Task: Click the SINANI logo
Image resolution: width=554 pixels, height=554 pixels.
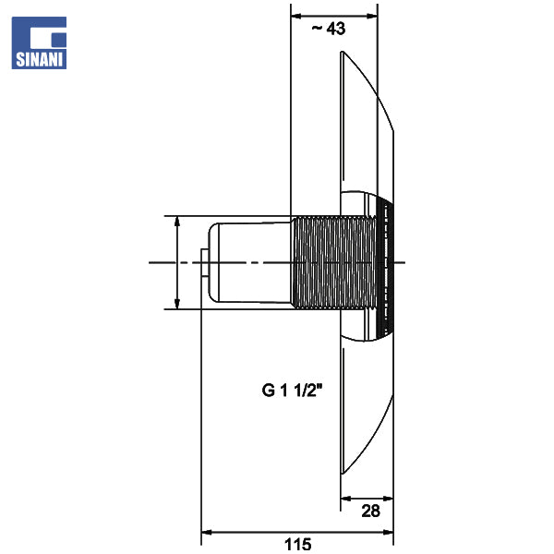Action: tap(39, 42)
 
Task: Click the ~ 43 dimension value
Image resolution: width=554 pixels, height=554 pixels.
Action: tap(328, 29)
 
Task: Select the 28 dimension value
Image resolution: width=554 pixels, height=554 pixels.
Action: tap(370, 511)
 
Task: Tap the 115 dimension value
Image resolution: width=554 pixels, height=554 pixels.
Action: tap(298, 545)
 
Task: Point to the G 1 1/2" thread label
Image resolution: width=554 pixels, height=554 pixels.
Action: tap(292, 391)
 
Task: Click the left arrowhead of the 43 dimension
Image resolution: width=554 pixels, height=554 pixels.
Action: tap(295, 16)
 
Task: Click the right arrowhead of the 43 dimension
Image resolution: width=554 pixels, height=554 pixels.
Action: tap(372, 16)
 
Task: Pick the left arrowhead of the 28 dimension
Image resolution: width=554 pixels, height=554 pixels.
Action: tap(345, 499)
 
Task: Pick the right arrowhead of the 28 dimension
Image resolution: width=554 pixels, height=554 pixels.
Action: tap(389, 499)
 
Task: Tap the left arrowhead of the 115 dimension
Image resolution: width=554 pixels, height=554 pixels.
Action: tap(206, 532)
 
